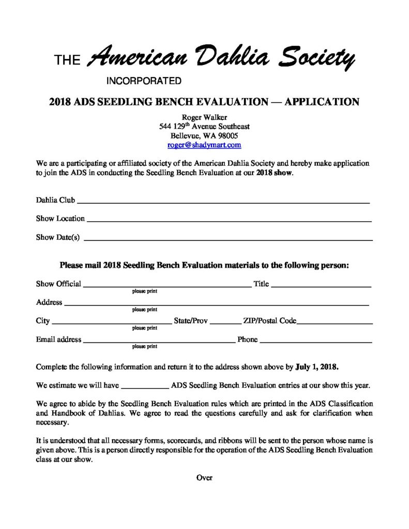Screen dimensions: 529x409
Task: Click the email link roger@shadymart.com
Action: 204,146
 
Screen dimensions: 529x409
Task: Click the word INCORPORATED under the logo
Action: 144,81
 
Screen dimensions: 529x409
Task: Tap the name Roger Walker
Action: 204,117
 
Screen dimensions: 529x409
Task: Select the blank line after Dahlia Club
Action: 223,199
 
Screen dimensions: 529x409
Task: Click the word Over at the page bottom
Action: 204,477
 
